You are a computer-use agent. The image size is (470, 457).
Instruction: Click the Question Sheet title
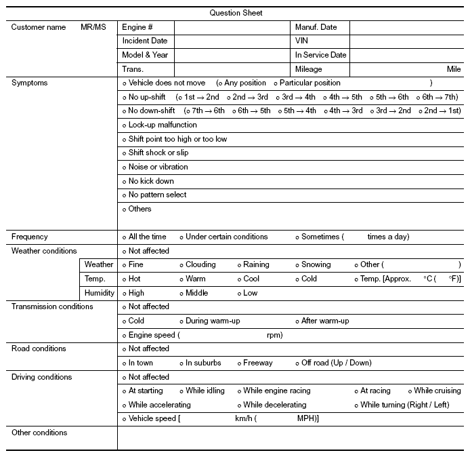click(x=236, y=13)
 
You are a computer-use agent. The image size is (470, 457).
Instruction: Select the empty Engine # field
click(x=232, y=27)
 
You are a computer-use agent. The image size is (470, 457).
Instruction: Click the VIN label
click(x=301, y=41)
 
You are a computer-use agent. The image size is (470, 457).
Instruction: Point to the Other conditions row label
click(x=39, y=433)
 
